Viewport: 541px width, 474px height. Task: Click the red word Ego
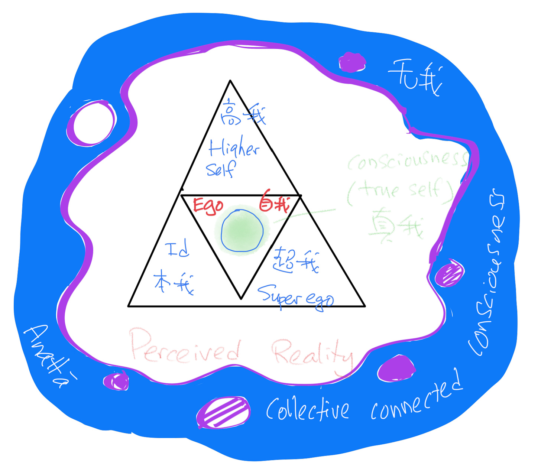(208, 206)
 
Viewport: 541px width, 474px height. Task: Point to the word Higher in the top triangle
(233, 148)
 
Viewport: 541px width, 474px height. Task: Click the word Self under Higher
(220, 169)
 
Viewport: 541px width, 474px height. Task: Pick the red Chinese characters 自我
(274, 203)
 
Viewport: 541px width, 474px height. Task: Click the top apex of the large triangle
(230, 81)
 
